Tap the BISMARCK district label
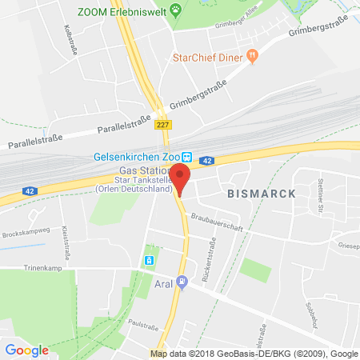click(x=262, y=194)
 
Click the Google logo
click(x=27, y=350)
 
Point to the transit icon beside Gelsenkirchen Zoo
click(x=186, y=157)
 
